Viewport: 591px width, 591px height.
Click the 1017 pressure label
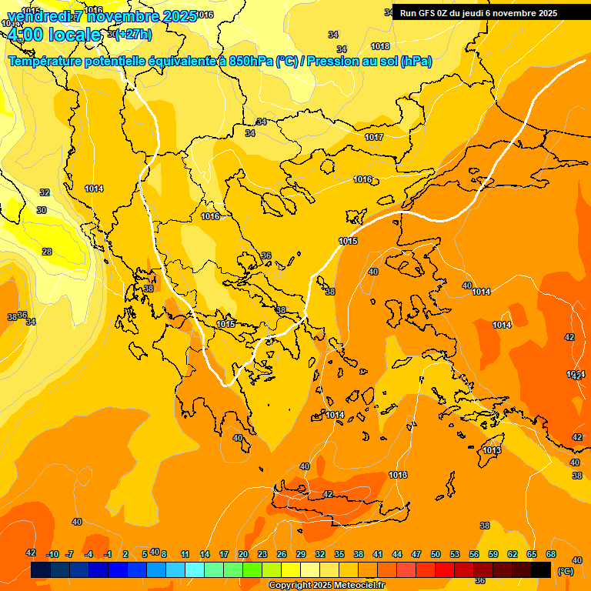pyautogui.click(x=374, y=137)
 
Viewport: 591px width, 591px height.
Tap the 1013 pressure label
pyautogui.click(x=492, y=450)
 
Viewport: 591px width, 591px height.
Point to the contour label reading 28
pyautogui.click(x=47, y=252)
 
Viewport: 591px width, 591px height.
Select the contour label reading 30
pyautogui.click(x=42, y=210)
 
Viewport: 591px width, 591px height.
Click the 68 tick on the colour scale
pyautogui.click(x=551, y=554)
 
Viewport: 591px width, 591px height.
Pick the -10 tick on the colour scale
pyautogui.click(x=52, y=554)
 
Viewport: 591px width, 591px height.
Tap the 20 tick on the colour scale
pyautogui.click(x=243, y=554)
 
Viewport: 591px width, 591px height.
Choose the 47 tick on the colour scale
pyautogui.click(x=416, y=554)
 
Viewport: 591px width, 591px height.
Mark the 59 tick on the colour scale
pyautogui.click(x=493, y=554)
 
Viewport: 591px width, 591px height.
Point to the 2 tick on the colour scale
pyautogui.click(x=126, y=554)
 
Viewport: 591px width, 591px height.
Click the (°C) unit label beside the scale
pyautogui.click(x=566, y=571)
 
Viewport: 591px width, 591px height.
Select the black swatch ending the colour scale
pyautogui.click(x=541, y=570)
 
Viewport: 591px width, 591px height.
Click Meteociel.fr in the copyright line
pyautogui.click(x=356, y=586)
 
